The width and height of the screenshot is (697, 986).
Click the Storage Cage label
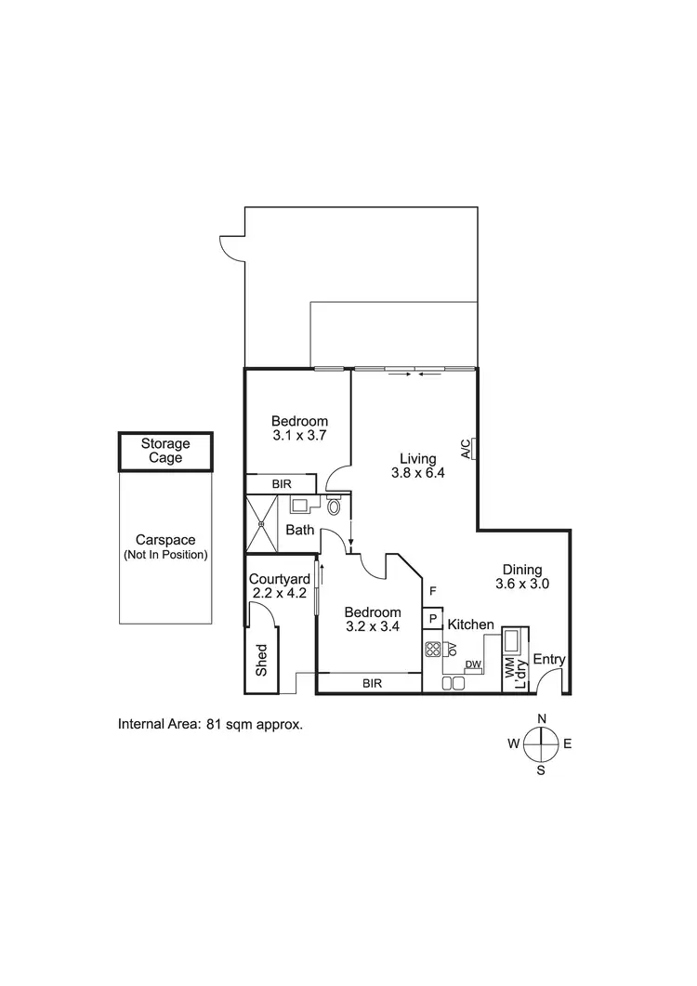click(x=165, y=451)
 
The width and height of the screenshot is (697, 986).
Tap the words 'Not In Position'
click(x=165, y=555)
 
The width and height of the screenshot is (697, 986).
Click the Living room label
click(x=417, y=457)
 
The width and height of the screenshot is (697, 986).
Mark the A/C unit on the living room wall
click(x=473, y=449)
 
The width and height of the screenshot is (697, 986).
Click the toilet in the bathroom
click(x=335, y=506)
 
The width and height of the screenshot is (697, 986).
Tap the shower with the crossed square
click(x=263, y=525)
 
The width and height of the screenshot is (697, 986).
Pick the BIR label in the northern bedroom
click(x=282, y=484)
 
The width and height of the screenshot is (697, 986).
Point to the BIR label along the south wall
click(x=371, y=684)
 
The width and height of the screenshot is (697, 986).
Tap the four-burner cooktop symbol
click(x=432, y=650)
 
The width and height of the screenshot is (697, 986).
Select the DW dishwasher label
click(x=472, y=664)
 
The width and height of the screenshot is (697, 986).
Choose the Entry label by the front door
click(x=549, y=660)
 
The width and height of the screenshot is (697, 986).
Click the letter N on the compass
click(x=541, y=717)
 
